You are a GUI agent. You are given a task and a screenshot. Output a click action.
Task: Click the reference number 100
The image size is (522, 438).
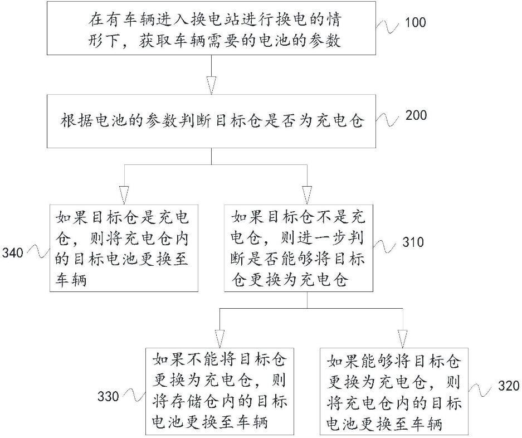coord(416,23)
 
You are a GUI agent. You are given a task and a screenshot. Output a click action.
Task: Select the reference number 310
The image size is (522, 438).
coord(413,242)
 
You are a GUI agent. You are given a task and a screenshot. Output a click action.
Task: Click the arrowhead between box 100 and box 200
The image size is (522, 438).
coord(211,85)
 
